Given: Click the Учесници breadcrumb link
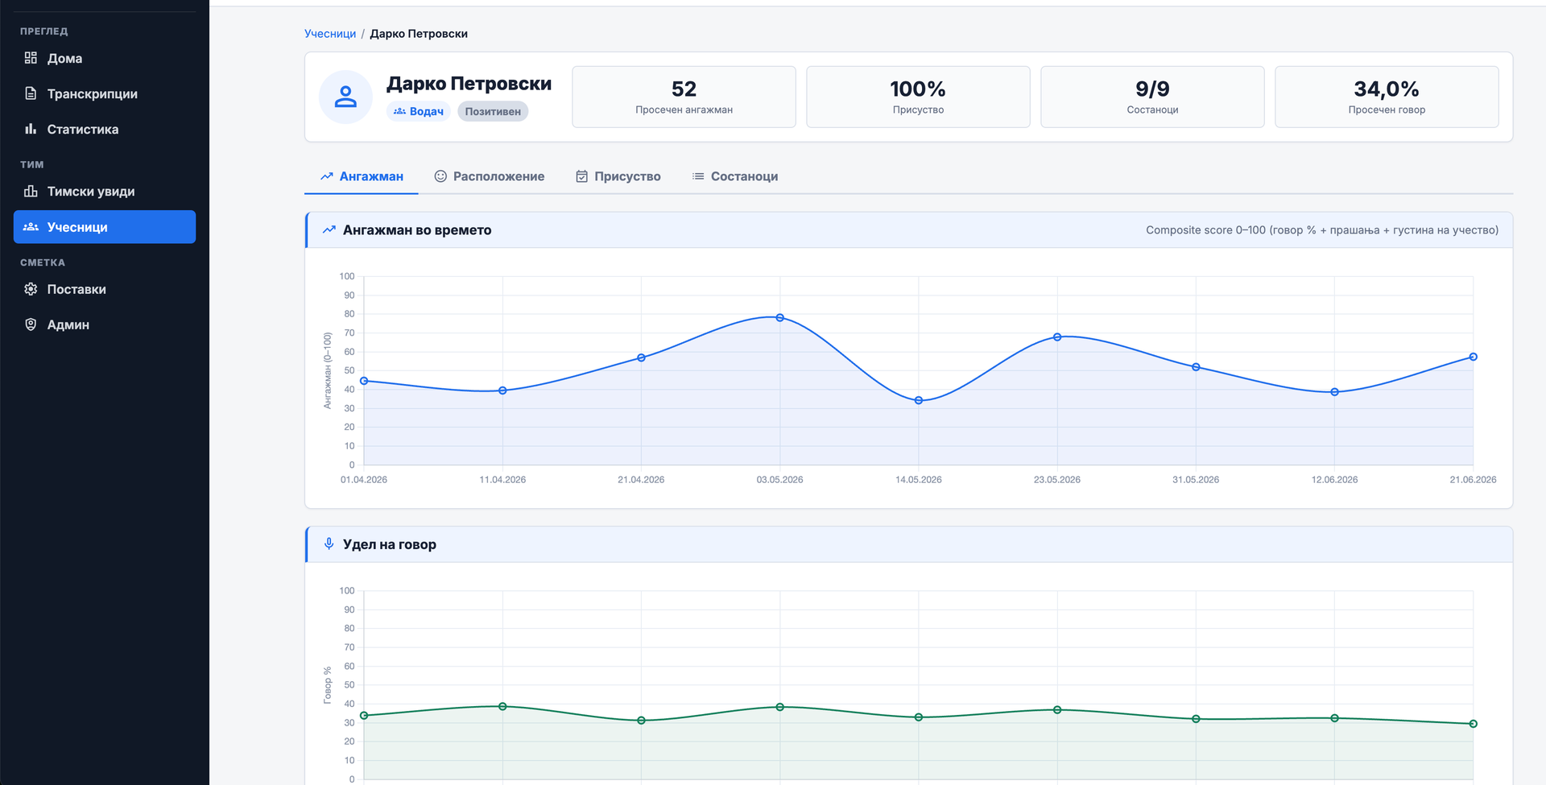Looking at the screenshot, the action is click(330, 34).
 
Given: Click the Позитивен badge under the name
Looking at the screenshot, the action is click(493, 111).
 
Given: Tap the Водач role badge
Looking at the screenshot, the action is click(419, 111).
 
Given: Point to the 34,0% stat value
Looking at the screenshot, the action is click(1387, 89).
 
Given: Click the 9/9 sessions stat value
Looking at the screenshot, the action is click(1152, 89).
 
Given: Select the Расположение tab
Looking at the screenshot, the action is click(490, 176).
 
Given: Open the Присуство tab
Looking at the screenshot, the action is click(618, 176).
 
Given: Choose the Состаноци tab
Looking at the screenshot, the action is click(735, 176).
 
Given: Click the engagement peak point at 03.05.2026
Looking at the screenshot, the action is click(779, 318).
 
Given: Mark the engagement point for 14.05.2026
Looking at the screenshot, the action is click(919, 400).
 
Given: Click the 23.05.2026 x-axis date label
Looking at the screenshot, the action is click(1057, 480).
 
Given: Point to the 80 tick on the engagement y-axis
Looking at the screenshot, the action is click(349, 314).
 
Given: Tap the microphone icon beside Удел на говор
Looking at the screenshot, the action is click(329, 543).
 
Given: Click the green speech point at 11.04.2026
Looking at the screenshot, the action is click(502, 706).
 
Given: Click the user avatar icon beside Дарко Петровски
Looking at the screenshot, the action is click(345, 97).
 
